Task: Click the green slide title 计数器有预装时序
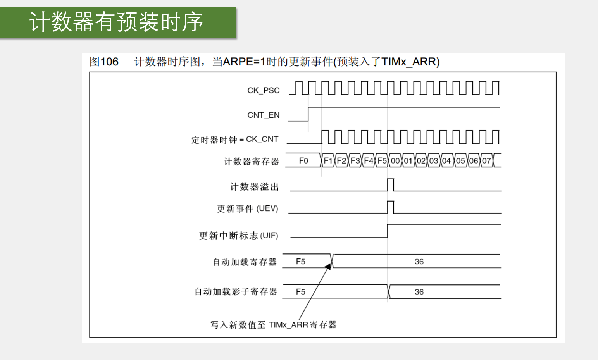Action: [x=116, y=22]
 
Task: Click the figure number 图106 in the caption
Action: [x=104, y=62]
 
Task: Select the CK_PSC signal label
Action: [x=263, y=91]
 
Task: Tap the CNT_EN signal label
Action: [x=263, y=115]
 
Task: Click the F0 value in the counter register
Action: [x=303, y=161]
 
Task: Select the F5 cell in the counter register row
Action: [x=382, y=161]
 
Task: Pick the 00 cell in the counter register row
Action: [x=395, y=161]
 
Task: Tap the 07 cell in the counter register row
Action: [x=486, y=161]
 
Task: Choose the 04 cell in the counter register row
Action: [x=446, y=161]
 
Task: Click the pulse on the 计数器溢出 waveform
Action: [x=390, y=185]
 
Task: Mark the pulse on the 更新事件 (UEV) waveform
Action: [x=390, y=207]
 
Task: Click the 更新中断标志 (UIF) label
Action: [x=238, y=236]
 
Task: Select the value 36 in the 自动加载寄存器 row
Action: [x=419, y=262]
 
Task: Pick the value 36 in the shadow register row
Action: [x=419, y=292]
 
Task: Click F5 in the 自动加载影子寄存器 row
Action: [x=300, y=292]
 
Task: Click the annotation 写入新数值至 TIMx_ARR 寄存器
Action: [x=273, y=325]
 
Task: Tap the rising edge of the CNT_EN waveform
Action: [x=308, y=114]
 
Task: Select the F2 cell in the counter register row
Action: [x=341, y=161]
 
